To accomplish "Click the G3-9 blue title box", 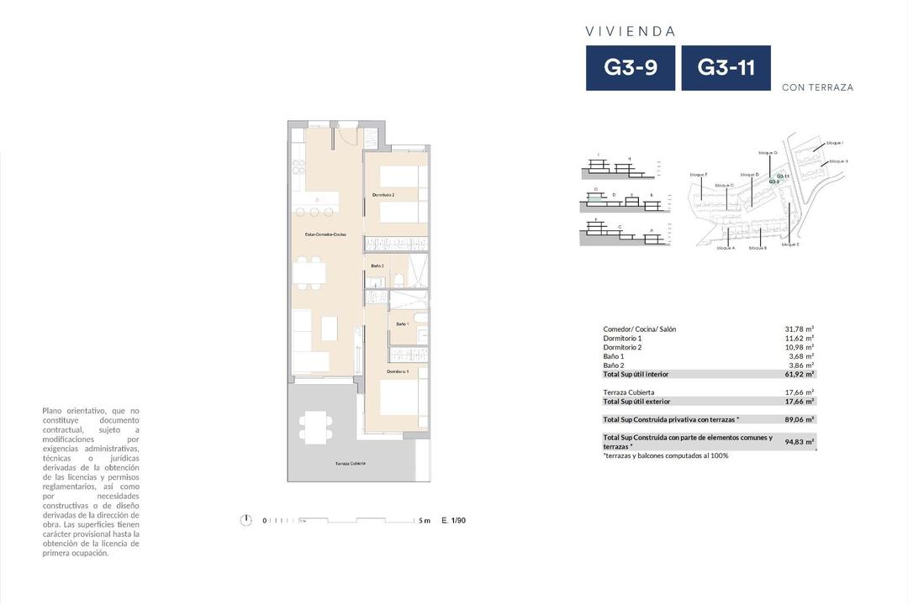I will [631, 68].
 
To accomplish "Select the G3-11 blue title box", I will [726, 68].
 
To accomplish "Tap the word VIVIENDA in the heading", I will [631, 31].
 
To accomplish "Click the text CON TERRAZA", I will [817, 87].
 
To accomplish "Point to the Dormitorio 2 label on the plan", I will [383, 195].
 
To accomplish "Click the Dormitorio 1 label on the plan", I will [398, 371].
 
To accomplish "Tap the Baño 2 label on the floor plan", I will [377, 266].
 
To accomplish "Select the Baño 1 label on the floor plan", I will [402, 324].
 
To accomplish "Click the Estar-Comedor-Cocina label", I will [325, 234].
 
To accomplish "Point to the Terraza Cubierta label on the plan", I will [350, 464].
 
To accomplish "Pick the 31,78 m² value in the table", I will [799, 329].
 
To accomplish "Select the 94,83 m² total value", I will [799, 442].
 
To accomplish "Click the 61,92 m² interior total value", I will [799, 374].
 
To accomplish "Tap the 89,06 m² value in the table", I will [799, 419].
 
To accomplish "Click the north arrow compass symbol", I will [245, 520].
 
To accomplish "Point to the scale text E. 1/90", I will [453, 521].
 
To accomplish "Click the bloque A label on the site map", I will [726, 248].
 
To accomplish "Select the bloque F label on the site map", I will [698, 174].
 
